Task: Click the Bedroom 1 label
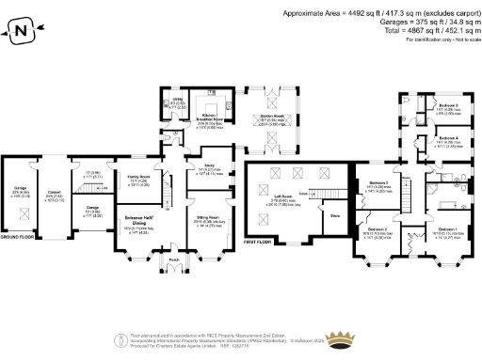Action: [x=447, y=229]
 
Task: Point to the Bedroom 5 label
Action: [x=447, y=105]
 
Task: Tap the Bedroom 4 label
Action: [x=447, y=141]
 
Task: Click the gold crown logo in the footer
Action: [x=121, y=340]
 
